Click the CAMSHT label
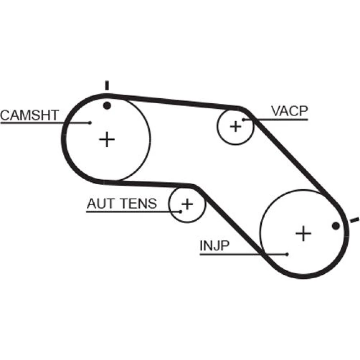tap(29, 115)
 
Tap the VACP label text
tap(289, 112)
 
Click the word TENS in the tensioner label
tap(138, 204)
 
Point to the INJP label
tap(215, 247)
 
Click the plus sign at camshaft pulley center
tap(107, 139)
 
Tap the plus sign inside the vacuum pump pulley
tap(236, 126)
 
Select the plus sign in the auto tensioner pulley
tap(187, 204)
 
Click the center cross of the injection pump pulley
tap(303, 234)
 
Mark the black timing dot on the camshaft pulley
tap(107, 105)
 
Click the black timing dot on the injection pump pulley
tap(336, 226)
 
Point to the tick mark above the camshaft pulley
tap(107, 85)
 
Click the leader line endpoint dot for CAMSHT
tap(90, 123)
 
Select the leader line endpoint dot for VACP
tap(244, 119)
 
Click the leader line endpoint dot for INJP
tap(287, 255)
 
